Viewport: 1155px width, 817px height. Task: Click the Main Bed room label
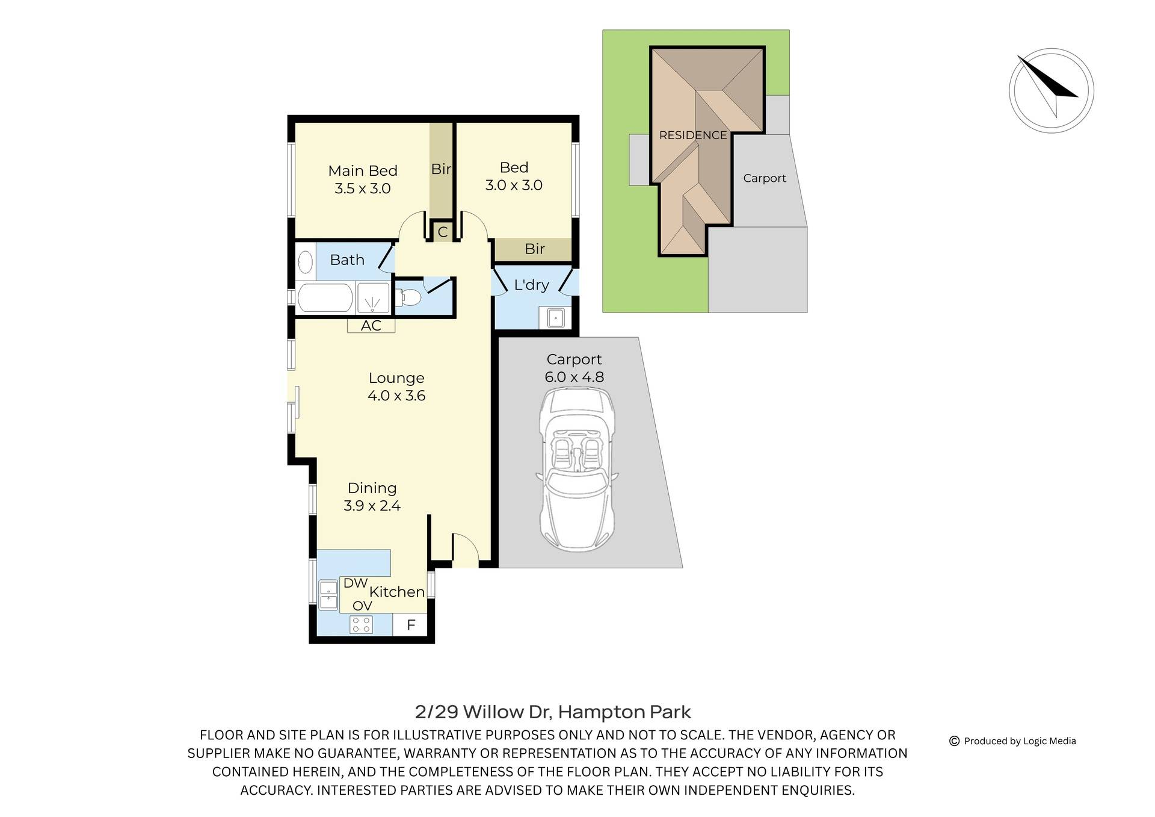pos(362,171)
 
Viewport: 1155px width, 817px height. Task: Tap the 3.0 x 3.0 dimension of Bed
pos(514,185)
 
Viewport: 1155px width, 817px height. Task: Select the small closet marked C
pos(442,232)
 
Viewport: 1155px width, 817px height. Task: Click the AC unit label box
pos(371,326)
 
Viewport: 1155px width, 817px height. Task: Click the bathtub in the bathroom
pos(325,298)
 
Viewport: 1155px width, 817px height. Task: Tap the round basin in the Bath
pos(306,262)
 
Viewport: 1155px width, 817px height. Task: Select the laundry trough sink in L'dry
pos(555,317)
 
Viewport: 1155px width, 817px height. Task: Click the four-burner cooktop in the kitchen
pos(361,624)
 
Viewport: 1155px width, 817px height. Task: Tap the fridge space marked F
pos(411,625)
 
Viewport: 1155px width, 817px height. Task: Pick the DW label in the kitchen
pos(355,583)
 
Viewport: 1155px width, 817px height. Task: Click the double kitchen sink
pos(328,595)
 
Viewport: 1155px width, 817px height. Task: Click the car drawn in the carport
pos(576,470)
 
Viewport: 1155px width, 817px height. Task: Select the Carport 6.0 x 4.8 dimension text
pos(574,377)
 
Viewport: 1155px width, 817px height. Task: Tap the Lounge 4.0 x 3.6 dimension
pos(396,396)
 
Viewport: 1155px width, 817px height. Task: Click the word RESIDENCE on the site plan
pos(693,135)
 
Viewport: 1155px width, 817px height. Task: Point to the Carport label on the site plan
pos(764,178)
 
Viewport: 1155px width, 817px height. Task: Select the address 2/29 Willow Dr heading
pos(553,712)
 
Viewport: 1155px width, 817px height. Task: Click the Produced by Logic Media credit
pos(1019,741)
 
